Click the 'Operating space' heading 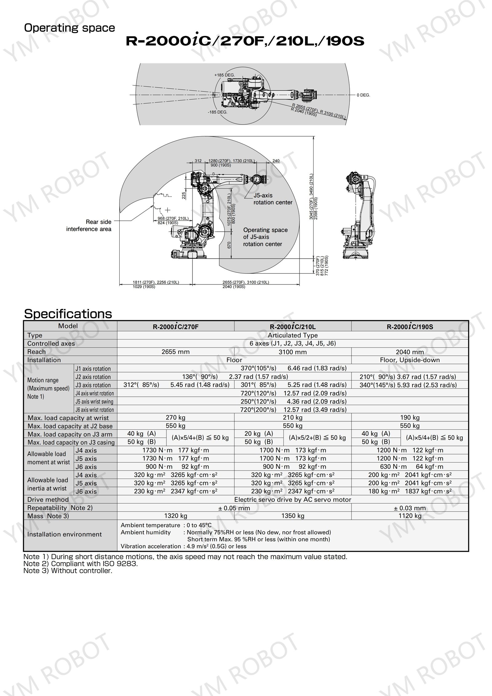click(69, 28)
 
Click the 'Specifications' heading click(68, 314)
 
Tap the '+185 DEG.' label click(224, 75)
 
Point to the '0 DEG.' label click(363, 95)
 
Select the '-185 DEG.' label click(217, 112)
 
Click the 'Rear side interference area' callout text click(89, 225)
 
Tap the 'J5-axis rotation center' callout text click(272, 199)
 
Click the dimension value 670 click(229, 245)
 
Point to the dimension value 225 click(184, 196)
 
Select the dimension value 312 click(198, 161)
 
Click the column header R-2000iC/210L click(292, 327)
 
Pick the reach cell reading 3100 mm click(292, 352)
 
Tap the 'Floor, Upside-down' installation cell click(410, 360)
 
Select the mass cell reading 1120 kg click(410, 516)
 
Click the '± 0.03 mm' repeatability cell click(410, 508)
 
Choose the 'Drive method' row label click(48, 499)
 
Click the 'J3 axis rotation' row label click(93, 385)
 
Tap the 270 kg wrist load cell click(175, 417)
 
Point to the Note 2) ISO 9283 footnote click(81, 564)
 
